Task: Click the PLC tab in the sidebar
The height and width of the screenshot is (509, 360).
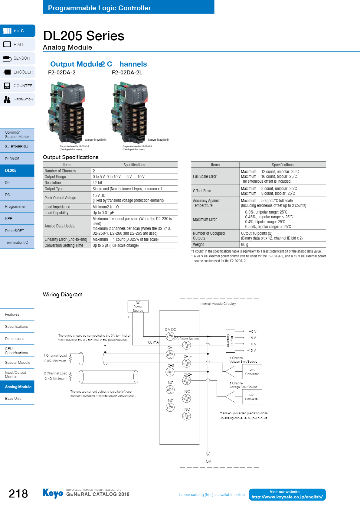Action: (18, 31)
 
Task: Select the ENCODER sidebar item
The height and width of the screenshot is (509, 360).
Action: (18, 72)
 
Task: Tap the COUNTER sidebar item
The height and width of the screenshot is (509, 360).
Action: (18, 86)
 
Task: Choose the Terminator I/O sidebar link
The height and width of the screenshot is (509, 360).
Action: (17, 243)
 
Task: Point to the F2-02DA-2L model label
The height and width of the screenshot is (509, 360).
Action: (127, 73)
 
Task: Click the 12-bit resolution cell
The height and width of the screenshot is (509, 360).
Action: (97, 183)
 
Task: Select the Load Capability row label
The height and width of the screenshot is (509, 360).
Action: (57, 213)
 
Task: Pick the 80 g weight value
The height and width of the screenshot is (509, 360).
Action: (244, 244)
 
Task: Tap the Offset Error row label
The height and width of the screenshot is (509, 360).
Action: (202, 191)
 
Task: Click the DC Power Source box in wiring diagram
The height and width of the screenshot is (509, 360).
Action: (138, 306)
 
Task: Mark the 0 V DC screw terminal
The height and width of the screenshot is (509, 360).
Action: (170, 336)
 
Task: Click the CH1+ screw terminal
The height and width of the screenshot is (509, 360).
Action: (187, 363)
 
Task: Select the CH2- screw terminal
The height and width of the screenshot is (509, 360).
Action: (170, 372)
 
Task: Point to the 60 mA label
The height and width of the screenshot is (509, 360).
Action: (153, 342)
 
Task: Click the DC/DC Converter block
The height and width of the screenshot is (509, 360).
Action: (230, 341)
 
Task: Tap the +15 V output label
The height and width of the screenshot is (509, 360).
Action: (251, 338)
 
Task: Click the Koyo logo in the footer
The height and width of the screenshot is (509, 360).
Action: (53, 493)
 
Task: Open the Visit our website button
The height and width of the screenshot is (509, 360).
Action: (287, 494)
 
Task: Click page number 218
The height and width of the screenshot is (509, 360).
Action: (18, 494)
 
